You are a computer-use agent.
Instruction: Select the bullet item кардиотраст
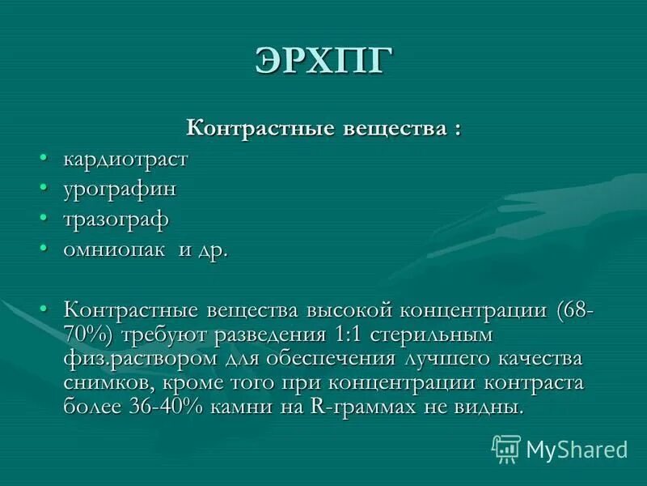[125, 159]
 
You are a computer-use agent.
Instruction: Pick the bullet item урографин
[120, 189]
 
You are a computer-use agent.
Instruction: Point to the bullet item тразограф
[116, 219]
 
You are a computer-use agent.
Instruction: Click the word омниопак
[114, 249]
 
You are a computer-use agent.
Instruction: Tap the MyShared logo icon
[506, 448]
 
